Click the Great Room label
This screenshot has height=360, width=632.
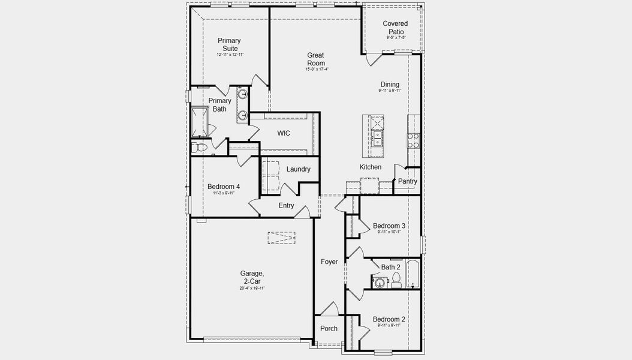coord(316,59)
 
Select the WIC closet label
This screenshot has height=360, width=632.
coord(284,133)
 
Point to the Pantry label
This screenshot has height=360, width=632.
coord(408,181)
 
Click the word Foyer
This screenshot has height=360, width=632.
coord(329,262)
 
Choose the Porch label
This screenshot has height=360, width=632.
coord(329,328)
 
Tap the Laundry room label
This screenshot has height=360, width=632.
coord(298,169)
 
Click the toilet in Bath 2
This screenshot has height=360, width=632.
coord(396,280)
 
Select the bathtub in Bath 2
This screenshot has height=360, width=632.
coord(413,274)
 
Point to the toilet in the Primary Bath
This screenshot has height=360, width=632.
coord(200,147)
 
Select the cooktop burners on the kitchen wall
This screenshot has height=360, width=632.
coord(413,140)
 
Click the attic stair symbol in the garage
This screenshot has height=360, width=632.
coord(281,238)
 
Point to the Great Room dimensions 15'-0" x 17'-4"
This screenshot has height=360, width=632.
coord(316,69)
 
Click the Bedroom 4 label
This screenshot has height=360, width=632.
coord(223,187)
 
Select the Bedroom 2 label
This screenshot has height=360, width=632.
coord(389,319)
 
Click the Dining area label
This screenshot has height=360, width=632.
coord(390,85)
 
